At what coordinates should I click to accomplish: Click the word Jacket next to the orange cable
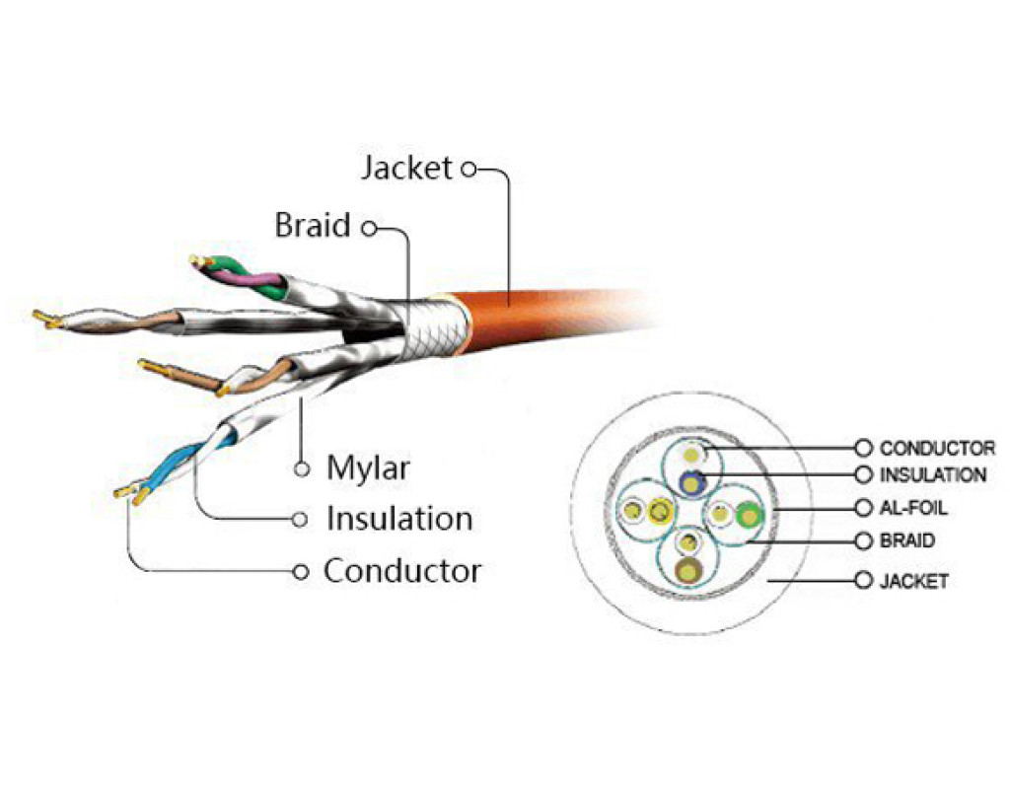click(405, 169)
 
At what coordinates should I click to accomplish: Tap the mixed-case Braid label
click(312, 226)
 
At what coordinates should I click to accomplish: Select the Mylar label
click(367, 467)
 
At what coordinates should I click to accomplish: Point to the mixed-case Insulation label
click(398, 518)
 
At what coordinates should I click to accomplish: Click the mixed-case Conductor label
click(402, 570)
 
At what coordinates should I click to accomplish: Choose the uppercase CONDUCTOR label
click(937, 449)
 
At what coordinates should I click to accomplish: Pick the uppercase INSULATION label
click(932, 475)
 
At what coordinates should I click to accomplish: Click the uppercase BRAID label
click(906, 541)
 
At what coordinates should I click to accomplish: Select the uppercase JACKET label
click(913, 580)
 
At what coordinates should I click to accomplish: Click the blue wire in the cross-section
click(692, 481)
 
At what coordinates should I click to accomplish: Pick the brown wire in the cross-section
click(689, 570)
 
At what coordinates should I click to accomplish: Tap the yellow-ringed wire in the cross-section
click(659, 511)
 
